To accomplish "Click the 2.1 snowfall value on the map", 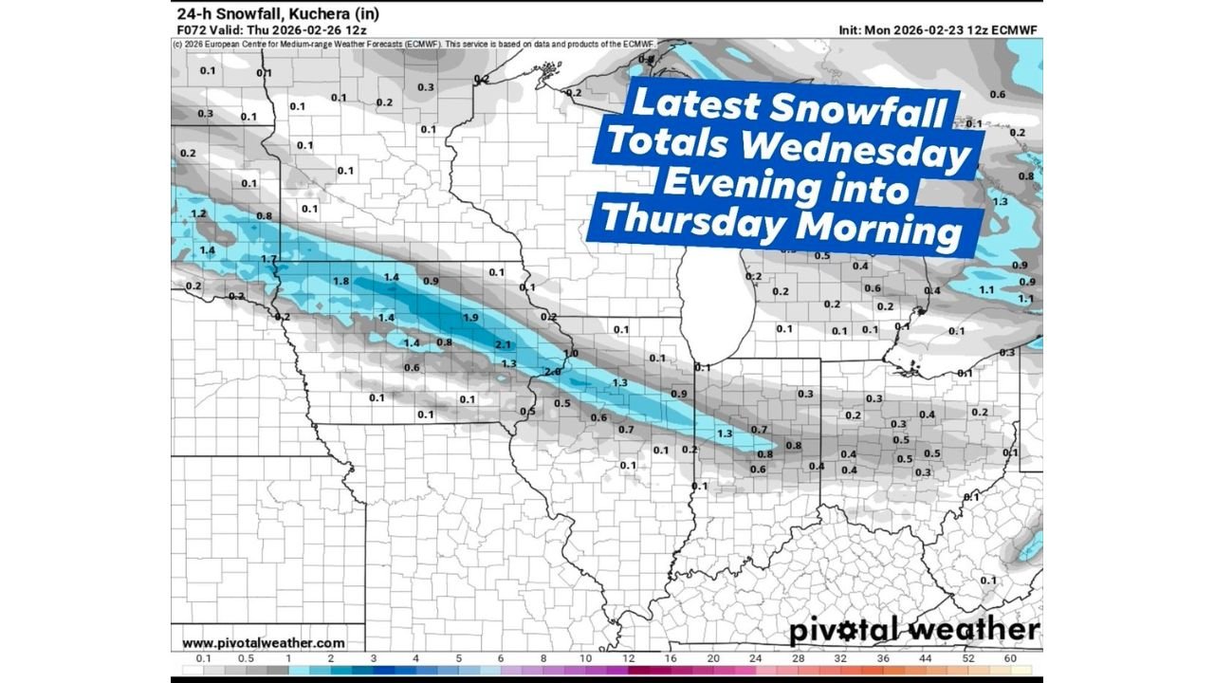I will click(503, 344).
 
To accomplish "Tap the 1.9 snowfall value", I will click(470, 317).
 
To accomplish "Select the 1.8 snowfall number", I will click(341, 282).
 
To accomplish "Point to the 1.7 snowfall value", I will click(268, 259).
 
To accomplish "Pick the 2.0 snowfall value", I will click(552, 372).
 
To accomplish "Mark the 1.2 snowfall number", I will click(198, 214).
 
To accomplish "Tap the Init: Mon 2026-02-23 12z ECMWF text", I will click(938, 30).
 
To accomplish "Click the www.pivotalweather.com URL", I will click(264, 642).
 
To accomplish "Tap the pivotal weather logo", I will click(913, 630).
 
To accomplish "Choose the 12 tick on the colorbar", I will click(628, 658).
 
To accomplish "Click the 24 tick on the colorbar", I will click(756, 658).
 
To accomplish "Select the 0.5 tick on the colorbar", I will click(246, 658).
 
